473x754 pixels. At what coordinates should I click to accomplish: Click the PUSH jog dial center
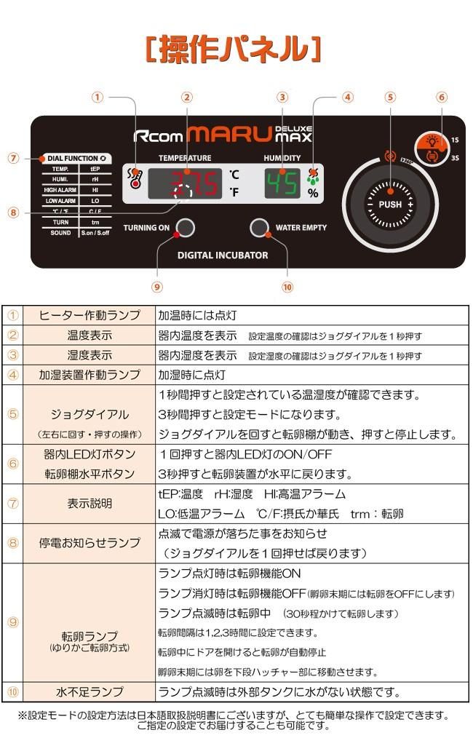(x=390, y=205)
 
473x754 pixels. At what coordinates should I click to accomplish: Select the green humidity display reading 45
(x=282, y=183)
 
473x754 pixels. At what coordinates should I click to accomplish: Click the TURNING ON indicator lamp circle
(x=186, y=228)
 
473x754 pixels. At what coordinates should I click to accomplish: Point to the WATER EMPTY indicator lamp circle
(x=258, y=228)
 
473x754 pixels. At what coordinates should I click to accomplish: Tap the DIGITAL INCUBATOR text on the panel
(x=223, y=255)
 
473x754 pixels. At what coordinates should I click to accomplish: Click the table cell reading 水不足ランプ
(x=89, y=691)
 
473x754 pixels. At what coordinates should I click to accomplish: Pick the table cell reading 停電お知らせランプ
(x=89, y=543)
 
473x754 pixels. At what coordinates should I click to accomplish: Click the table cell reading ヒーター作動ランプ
(x=89, y=316)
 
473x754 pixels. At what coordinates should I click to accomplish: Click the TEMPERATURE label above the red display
(x=186, y=158)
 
